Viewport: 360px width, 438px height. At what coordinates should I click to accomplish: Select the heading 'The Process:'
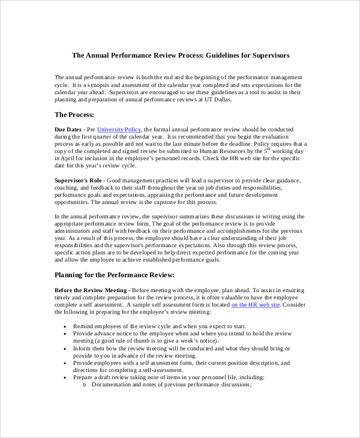coord(74,115)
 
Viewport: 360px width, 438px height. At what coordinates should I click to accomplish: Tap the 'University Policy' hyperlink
coord(119,129)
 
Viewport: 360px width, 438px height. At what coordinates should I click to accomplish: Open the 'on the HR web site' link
coord(256,305)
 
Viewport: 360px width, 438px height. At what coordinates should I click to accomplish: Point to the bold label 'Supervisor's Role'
coord(79,180)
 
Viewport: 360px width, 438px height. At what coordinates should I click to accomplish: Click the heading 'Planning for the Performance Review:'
coord(114,275)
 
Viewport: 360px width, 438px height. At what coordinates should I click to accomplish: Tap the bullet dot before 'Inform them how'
coord(64,349)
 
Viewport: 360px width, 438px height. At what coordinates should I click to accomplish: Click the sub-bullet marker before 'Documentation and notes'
coord(85,385)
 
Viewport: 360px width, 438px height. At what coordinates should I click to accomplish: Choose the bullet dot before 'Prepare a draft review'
coord(64,377)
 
